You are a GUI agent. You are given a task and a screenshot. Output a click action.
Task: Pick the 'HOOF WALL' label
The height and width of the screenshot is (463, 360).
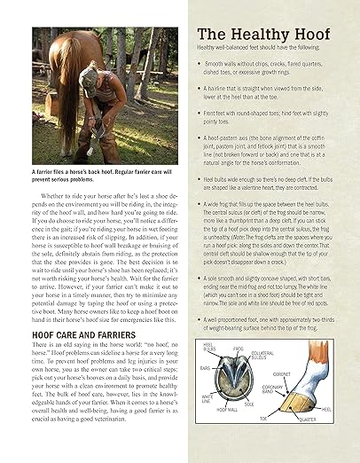[227, 410]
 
